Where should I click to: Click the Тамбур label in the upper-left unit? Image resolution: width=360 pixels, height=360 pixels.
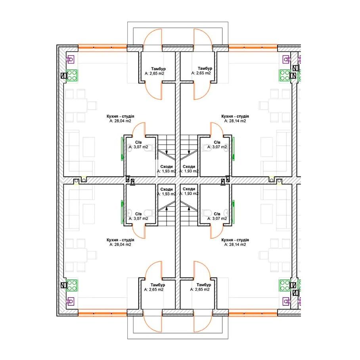click(159, 69)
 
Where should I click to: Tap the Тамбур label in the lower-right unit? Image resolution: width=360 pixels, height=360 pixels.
click(204, 285)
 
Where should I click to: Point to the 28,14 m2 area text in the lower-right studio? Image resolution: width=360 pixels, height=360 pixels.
click(237, 245)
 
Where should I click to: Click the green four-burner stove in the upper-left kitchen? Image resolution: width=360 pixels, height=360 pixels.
click(72, 75)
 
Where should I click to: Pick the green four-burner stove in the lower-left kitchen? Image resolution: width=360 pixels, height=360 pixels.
click(72, 285)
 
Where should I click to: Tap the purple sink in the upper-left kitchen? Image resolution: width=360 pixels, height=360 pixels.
click(71, 60)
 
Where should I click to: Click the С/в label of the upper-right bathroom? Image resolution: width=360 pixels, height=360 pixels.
click(217, 142)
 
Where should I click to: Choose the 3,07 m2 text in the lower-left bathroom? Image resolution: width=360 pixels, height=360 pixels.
click(141, 218)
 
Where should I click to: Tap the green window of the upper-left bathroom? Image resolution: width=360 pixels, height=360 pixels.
click(122, 149)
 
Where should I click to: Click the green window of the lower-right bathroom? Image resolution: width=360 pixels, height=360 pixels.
click(234, 212)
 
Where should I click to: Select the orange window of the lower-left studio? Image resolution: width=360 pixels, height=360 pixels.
click(102, 313)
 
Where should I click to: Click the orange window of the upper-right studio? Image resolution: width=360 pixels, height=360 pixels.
click(253, 48)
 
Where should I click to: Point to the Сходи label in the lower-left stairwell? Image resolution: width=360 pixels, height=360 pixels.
click(167, 190)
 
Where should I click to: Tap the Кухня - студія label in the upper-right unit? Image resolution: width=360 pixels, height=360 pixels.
click(235, 117)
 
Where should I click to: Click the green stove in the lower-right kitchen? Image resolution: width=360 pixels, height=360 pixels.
click(285, 285)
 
